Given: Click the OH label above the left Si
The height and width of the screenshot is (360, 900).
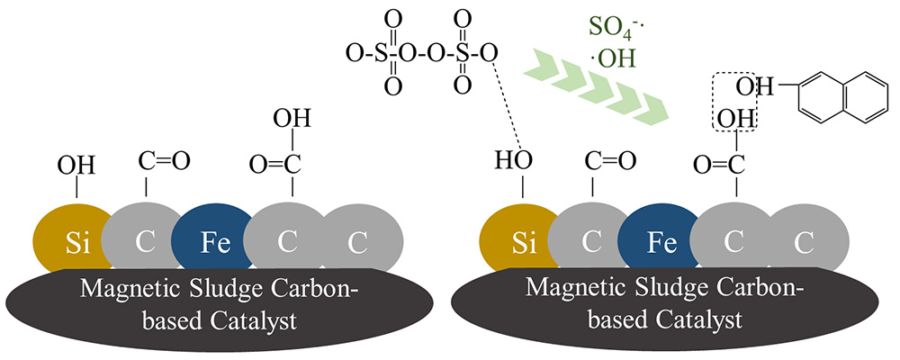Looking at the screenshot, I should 76,166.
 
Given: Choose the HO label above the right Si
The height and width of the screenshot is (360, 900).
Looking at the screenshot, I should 515,163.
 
